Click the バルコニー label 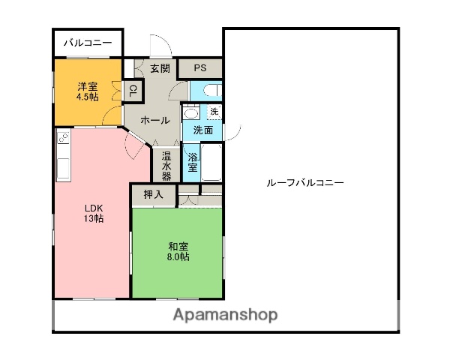click(87, 43)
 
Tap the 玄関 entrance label click(159, 68)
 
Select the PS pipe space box click(199, 68)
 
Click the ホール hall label click(154, 121)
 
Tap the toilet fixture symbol click(207, 90)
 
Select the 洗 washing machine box click(214, 112)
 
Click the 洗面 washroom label click(202, 130)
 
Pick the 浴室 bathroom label click(193, 163)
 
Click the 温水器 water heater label click(166, 166)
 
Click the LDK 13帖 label click(93, 212)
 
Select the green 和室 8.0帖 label click(178, 251)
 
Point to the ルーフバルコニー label click(305, 182)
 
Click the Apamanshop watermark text click(225, 315)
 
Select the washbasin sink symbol click(190, 114)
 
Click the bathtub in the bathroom click(211, 162)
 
